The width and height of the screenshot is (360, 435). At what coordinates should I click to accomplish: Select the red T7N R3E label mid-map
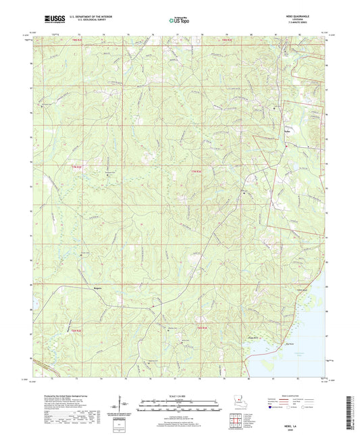click(198, 168)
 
